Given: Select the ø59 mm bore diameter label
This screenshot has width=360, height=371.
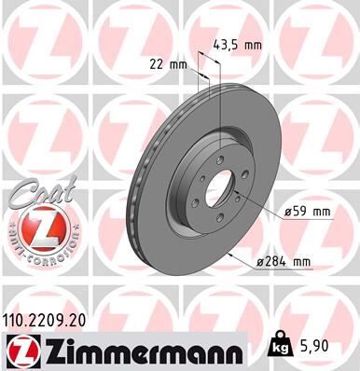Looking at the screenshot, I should point(308,212).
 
